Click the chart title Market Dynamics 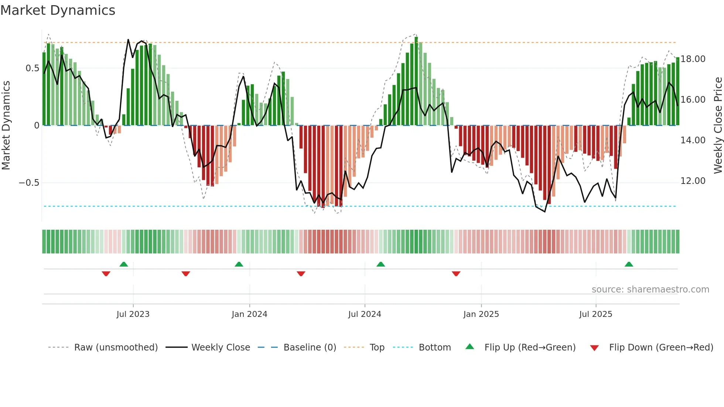tap(58, 10)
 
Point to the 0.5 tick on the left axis tap(32, 68)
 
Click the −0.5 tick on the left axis tap(29, 183)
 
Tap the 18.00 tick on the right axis tap(693, 59)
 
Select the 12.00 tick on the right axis tap(693, 181)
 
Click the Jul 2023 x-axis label tap(133, 314)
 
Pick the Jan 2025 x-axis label tap(481, 314)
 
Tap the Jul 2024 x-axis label tap(365, 314)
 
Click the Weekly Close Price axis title tap(718, 126)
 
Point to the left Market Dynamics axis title tap(6, 126)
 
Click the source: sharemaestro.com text tap(650, 290)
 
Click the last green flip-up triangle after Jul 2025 tap(629, 264)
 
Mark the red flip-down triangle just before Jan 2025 tap(456, 274)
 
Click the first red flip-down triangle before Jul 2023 tap(106, 274)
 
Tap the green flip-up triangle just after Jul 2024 tap(381, 264)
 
